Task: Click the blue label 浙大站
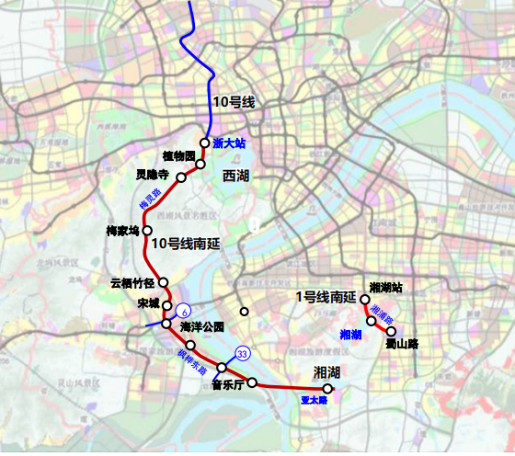[229, 143]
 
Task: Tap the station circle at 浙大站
[206, 143]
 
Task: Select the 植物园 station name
[178, 157]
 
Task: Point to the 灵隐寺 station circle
[181, 179]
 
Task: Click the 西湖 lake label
[236, 175]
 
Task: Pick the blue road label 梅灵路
[149, 199]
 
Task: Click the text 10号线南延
[189, 244]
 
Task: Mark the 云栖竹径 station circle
[164, 283]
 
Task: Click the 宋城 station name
[148, 303]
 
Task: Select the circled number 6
[183, 311]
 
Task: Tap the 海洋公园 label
[202, 326]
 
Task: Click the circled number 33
[243, 354]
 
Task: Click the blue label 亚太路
[315, 400]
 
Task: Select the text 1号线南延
[326, 296]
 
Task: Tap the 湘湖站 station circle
[365, 300]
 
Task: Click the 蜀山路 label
[402, 344]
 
